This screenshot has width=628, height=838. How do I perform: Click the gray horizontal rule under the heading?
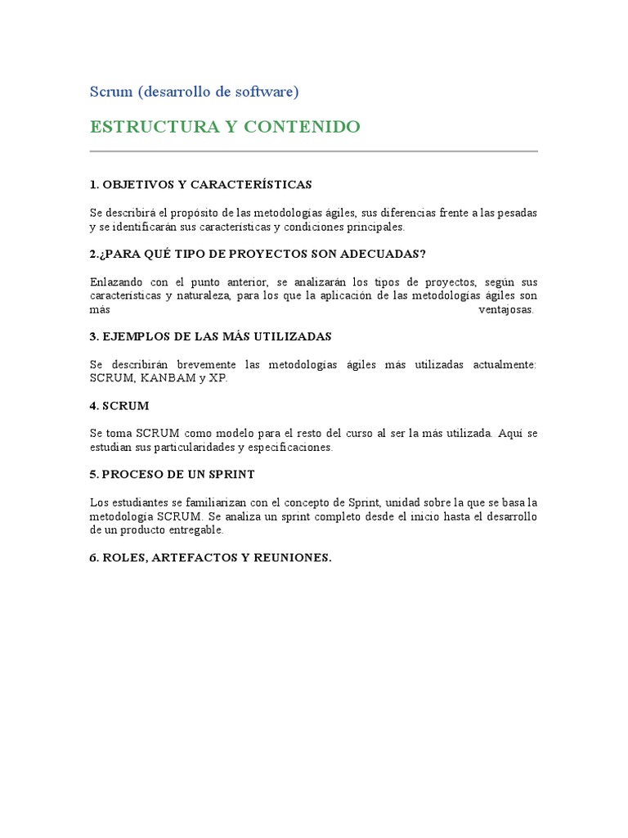pos(313,151)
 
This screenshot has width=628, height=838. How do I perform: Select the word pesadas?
pos(517,213)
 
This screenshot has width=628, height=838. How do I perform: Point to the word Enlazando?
pos(117,282)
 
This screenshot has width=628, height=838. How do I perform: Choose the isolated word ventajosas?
pos(505,310)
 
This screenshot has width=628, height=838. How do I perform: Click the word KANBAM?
pos(168,379)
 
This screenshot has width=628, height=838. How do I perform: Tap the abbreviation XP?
pos(218,379)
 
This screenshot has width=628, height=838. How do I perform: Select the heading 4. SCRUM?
pos(119,405)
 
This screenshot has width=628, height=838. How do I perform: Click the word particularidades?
pos(185,448)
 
